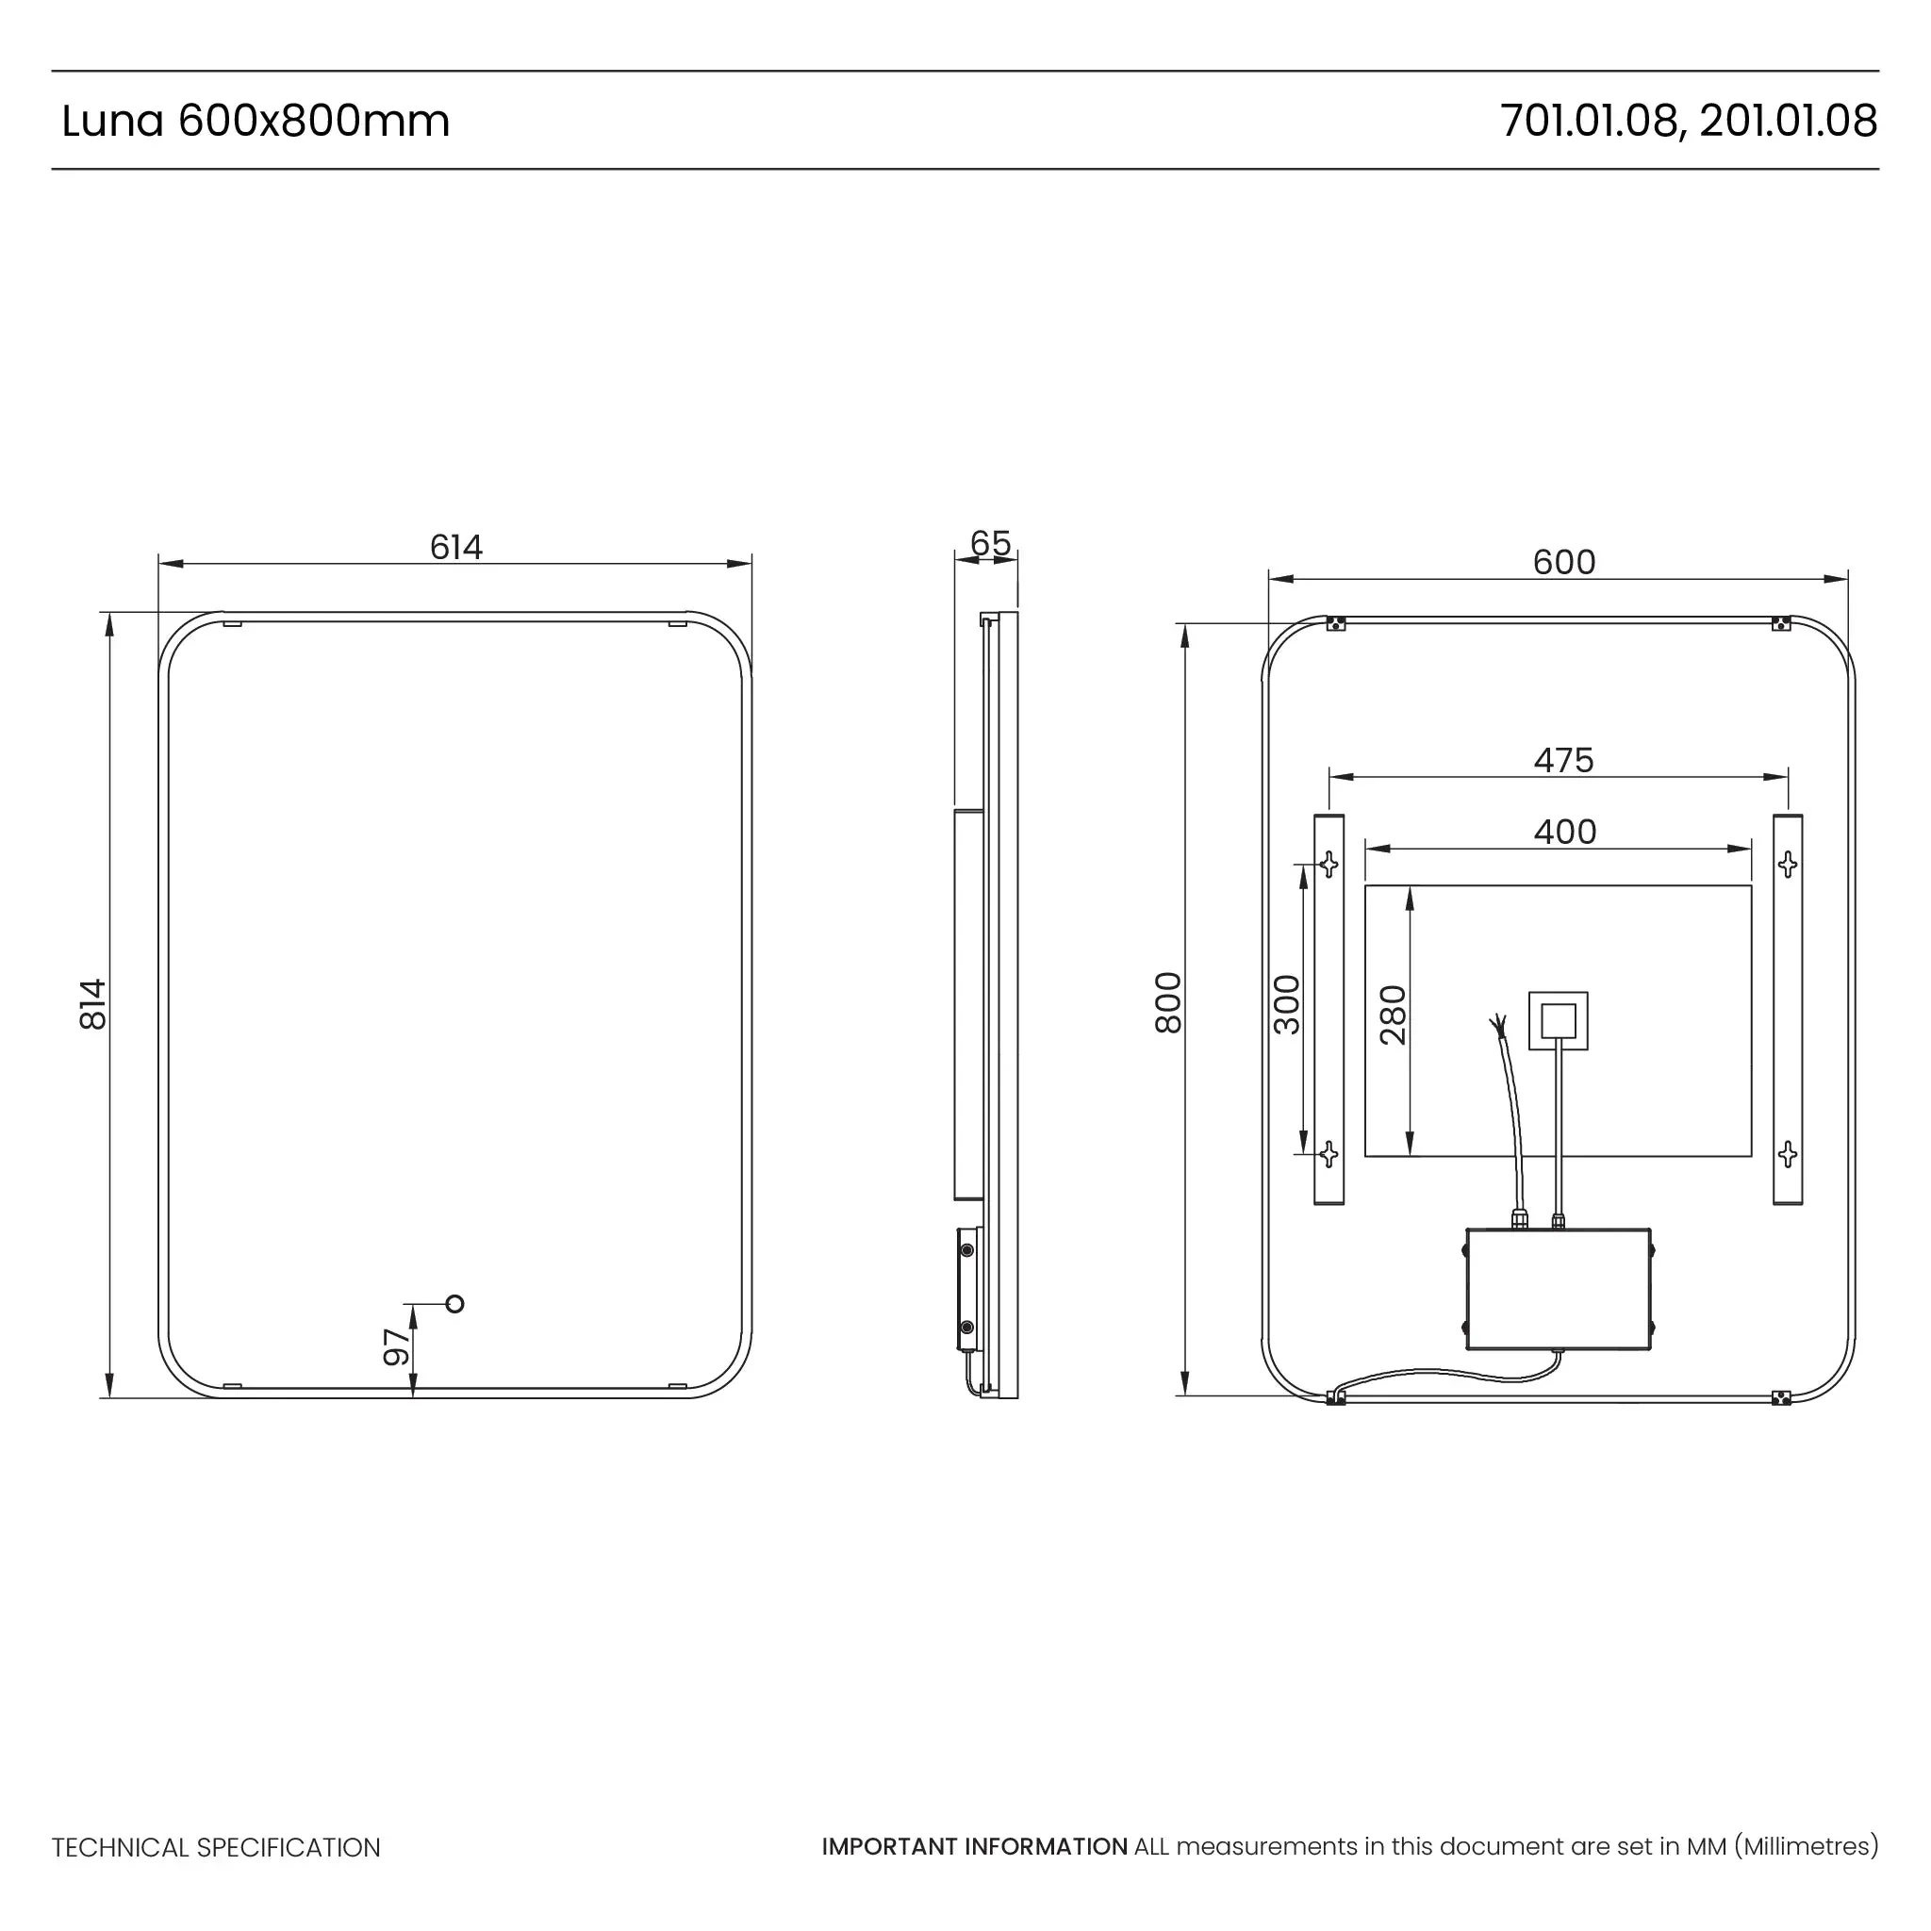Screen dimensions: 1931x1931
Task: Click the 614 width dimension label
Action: pos(455,547)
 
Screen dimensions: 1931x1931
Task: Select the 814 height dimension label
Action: pos(92,1003)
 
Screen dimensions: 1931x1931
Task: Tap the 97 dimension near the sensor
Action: pos(397,1346)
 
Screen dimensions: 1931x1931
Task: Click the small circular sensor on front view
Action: pos(455,1303)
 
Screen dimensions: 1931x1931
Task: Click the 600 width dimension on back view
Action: pos(1563,562)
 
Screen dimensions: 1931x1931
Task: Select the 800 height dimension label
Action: pos(1167,1002)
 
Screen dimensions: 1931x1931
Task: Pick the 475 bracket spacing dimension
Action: pos(1563,760)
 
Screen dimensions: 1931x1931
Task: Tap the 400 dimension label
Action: pos(1564,832)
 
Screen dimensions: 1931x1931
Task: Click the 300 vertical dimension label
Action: pos(1287,1004)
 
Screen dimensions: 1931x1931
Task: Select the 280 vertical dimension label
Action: pos(1393,1015)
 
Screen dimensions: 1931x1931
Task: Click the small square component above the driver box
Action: pos(1559,1020)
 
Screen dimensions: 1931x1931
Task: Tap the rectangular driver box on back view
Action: pos(1559,1289)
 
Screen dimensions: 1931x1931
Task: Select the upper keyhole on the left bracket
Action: pos(1329,864)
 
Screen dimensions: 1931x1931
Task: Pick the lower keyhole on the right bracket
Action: pos(1788,1155)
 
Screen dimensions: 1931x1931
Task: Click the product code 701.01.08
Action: pos(1587,121)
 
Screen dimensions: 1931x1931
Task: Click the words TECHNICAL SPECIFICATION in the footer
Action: pos(216,1848)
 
